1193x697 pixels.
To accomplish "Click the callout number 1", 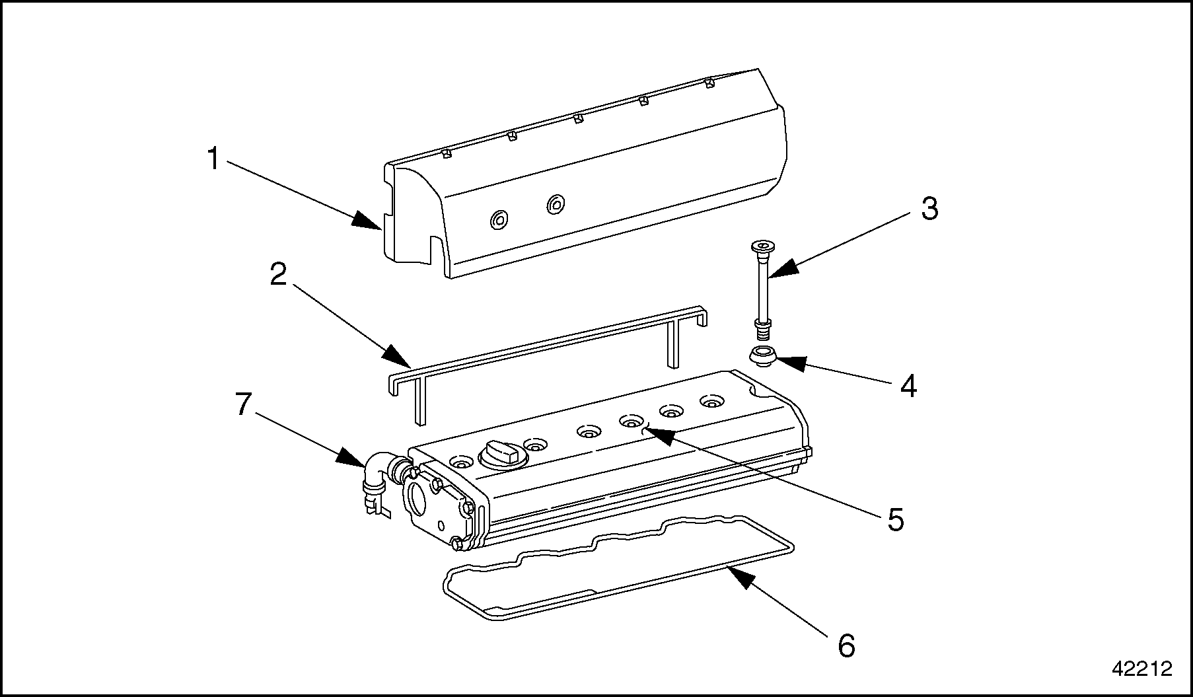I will pyautogui.click(x=213, y=160).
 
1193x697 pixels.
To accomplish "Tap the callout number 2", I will pyautogui.click(x=278, y=274).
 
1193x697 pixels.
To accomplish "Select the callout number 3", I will pyautogui.click(x=929, y=209).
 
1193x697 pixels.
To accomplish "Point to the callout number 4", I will pyautogui.click(x=909, y=386).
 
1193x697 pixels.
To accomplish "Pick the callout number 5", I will pyautogui.click(x=895, y=519).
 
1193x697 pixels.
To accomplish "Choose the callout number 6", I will pyautogui.click(x=846, y=645).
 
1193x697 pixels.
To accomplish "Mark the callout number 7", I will pyautogui.click(x=244, y=404).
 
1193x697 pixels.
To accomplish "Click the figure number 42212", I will pyautogui.click(x=1141, y=669).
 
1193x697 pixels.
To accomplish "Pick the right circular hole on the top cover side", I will pyautogui.click(x=556, y=204).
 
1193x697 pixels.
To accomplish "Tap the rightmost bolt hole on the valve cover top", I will pyautogui.click(x=711, y=401).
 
